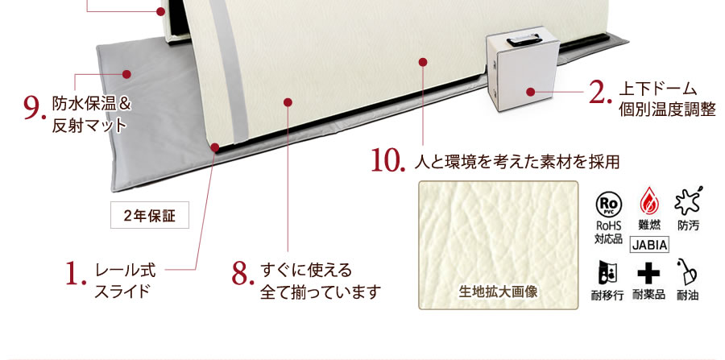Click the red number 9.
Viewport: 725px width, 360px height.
click(34, 108)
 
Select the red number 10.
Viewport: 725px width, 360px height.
click(386, 161)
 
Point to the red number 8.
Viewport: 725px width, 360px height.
click(242, 274)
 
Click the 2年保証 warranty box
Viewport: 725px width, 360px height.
click(150, 215)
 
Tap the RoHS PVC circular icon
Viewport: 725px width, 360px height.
click(608, 204)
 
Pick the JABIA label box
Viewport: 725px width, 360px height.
click(649, 245)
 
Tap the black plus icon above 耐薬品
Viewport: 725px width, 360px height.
click(648, 275)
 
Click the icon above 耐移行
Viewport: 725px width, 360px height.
click(607, 273)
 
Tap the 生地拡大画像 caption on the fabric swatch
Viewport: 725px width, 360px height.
click(498, 292)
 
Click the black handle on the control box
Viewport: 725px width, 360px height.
click(524, 40)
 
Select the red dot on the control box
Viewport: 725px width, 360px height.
click(530, 92)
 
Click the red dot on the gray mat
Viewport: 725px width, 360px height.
click(126, 74)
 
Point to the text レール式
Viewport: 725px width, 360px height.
click(126, 271)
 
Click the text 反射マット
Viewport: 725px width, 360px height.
click(89, 126)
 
